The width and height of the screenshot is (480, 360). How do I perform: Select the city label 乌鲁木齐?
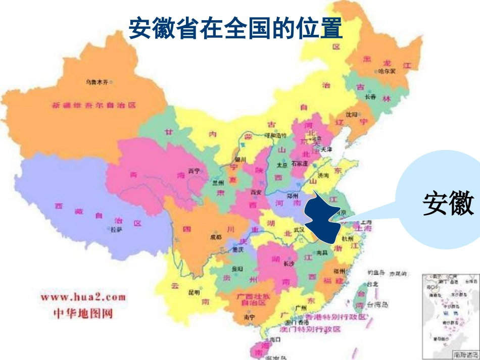point(98,81)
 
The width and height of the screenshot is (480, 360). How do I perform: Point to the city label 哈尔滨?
point(388,71)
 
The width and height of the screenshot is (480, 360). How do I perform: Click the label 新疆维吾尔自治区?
point(94,106)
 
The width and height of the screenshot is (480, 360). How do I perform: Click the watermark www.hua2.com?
point(83,297)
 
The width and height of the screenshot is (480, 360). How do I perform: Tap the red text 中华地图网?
point(83,314)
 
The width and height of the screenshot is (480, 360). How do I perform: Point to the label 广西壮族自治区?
point(251,299)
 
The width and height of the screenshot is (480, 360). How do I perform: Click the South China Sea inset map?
point(450,315)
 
